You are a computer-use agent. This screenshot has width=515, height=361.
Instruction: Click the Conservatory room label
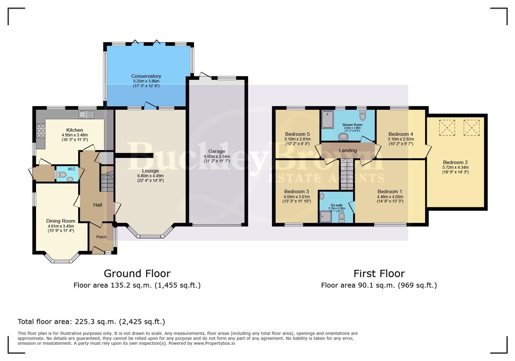click(146, 76)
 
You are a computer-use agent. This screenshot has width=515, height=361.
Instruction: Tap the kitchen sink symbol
click(86, 115)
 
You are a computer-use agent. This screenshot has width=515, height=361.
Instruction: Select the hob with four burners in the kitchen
click(41, 131)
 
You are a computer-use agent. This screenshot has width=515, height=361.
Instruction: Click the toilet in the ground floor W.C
click(61, 174)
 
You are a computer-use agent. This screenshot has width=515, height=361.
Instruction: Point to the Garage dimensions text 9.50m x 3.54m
click(217, 156)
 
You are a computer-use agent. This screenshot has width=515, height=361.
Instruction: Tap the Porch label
click(101, 237)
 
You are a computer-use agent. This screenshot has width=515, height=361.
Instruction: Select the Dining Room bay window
click(62, 258)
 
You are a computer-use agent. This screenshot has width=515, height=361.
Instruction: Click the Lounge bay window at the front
click(150, 233)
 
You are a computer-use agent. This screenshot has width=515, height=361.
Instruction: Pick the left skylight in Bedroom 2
click(447, 128)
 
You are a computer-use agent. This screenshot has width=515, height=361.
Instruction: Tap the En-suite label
click(337, 205)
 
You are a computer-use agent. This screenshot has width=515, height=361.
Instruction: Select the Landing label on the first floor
click(348, 150)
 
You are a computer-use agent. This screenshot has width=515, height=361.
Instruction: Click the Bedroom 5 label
click(297, 134)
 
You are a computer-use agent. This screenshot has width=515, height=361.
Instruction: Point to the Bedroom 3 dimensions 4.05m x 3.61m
click(297, 197)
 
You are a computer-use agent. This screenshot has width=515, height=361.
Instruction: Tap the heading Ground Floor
click(137, 273)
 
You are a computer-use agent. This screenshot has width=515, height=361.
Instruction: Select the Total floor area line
click(91, 322)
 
